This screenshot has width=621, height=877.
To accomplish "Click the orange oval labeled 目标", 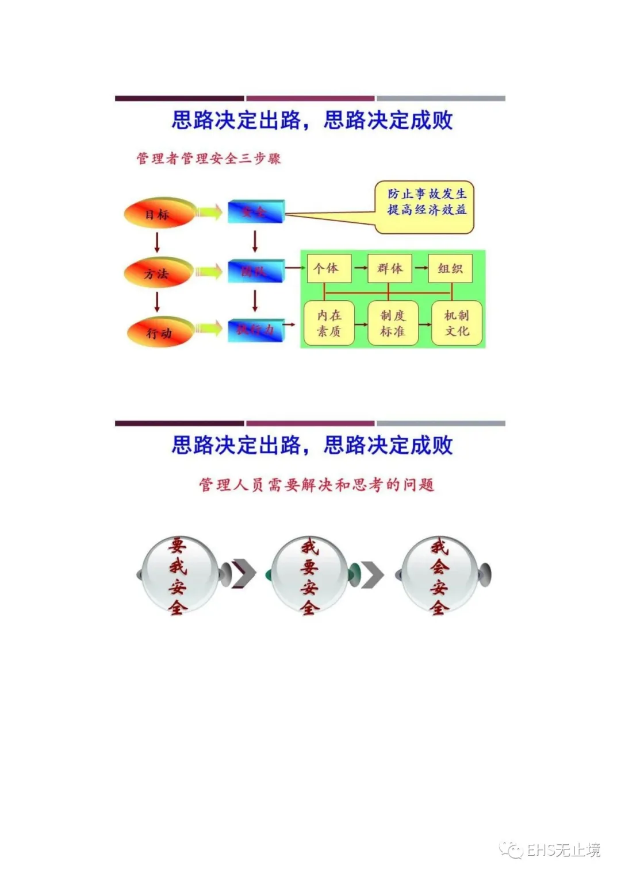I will [x=158, y=214].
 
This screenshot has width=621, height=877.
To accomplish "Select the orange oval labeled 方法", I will [x=158, y=273].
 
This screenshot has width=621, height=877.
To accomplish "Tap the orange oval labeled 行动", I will [x=160, y=333].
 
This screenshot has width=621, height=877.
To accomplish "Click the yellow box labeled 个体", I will [x=328, y=268].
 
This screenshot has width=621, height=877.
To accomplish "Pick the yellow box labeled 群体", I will [x=390, y=268].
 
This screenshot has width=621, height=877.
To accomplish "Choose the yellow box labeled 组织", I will [x=450, y=268].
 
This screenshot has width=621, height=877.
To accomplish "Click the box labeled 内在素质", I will [x=329, y=323].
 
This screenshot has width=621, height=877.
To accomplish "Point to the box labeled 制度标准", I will [x=393, y=323].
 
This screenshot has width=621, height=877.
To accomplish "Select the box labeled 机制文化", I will [x=457, y=323].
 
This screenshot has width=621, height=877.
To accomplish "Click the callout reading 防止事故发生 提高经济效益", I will [x=426, y=207].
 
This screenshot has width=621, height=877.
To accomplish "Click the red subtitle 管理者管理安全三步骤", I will [x=208, y=159].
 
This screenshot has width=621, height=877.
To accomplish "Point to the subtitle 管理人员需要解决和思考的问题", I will [x=316, y=485].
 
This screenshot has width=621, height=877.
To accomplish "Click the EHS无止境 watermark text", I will [x=563, y=850].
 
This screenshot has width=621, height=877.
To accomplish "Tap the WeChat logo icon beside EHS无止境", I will [x=511, y=850].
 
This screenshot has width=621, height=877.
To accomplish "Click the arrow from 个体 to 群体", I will [x=360, y=268].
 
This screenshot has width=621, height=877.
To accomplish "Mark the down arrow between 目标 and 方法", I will [x=157, y=242].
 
